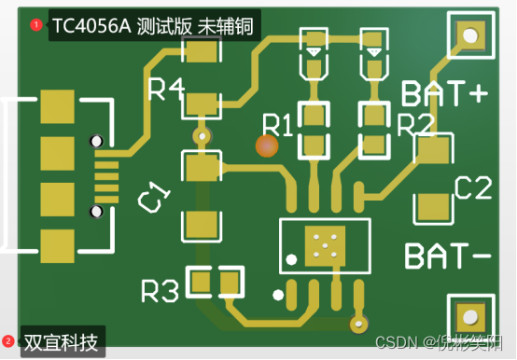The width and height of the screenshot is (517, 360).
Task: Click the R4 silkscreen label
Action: (x=166, y=90)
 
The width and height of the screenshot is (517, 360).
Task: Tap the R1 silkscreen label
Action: (x=277, y=124)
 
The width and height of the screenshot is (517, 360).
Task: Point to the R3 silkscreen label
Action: (x=160, y=292)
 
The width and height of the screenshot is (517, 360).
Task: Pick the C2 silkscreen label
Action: (x=472, y=189)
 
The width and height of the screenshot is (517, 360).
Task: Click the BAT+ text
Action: (x=445, y=93)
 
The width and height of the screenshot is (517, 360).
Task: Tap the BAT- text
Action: (x=446, y=255)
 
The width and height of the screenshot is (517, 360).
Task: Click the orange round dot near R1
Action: (x=268, y=146)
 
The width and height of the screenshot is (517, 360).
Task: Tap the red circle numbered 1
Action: (x=36, y=25)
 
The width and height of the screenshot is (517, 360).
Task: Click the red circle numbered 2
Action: (x=8, y=342)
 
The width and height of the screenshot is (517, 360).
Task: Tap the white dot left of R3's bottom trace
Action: (x=277, y=296)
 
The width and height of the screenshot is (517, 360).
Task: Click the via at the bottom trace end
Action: (x=356, y=324)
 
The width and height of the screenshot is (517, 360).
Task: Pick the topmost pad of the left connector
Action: (x=58, y=104)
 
